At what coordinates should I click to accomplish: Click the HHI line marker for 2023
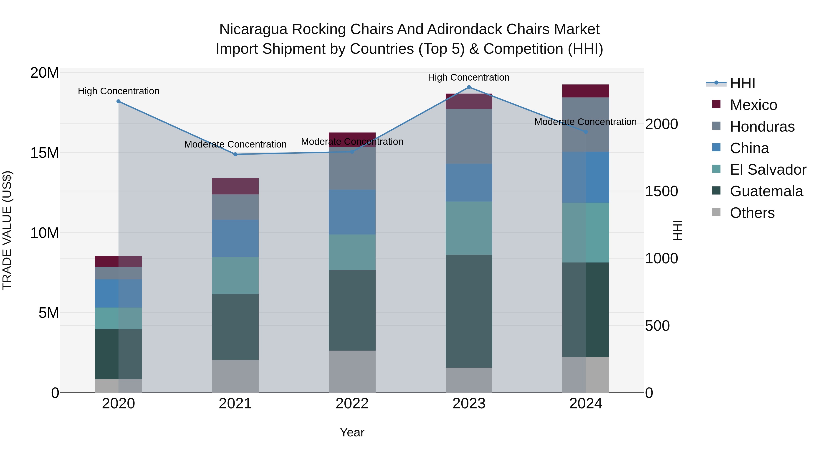[x=469, y=87]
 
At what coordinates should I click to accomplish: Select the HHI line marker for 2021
[x=235, y=154]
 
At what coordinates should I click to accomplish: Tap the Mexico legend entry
[x=753, y=105]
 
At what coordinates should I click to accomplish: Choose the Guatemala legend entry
[x=766, y=191]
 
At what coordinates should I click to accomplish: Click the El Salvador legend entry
[x=768, y=170]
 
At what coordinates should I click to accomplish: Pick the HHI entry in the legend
[x=742, y=83]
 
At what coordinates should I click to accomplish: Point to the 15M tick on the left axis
[x=45, y=153]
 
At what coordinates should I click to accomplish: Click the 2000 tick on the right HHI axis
[x=661, y=124]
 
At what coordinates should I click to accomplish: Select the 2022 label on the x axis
[x=352, y=404]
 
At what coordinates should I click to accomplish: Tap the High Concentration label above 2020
[x=119, y=91]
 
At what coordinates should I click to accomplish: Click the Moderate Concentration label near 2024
[x=585, y=122]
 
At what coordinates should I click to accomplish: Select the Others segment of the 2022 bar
[x=352, y=371]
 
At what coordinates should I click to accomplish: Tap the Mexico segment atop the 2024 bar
[x=586, y=91]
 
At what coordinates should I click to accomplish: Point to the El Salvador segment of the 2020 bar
[x=119, y=318]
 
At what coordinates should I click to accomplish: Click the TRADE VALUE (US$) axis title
[x=7, y=230]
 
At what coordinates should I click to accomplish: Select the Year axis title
[x=352, y=432]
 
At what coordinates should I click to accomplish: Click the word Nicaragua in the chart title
[x=253, y=29]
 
